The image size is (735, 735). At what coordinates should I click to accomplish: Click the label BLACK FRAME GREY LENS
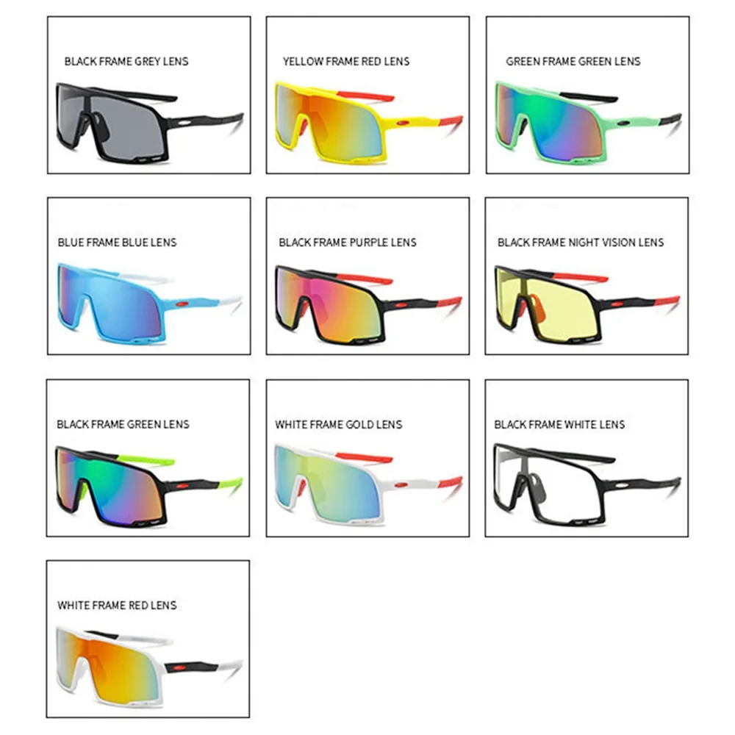126,61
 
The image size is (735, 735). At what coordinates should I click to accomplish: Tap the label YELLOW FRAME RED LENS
346,61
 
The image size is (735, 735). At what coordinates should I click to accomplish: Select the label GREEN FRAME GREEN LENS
573,61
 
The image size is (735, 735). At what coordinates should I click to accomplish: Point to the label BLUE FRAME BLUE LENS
118,242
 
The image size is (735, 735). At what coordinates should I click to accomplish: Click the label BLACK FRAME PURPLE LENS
348,242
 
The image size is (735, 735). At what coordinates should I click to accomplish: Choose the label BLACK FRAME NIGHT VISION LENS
581,242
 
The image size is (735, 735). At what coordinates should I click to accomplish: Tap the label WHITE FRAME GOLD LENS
339,424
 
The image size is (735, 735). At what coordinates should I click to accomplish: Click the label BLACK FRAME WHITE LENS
559,424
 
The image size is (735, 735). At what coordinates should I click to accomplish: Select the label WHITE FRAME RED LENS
118,605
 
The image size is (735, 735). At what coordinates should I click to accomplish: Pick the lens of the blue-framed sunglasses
110,298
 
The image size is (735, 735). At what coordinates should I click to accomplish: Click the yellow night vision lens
548,298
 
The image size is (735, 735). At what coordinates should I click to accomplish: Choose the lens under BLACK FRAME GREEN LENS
110,479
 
